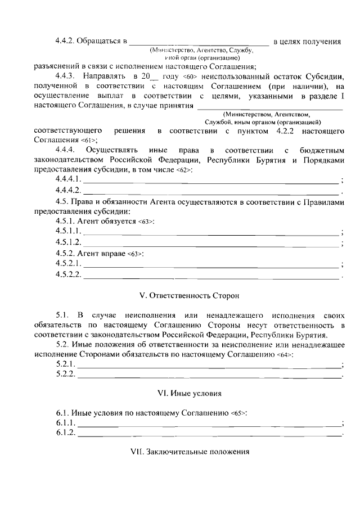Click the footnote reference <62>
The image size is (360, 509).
coord(183,170)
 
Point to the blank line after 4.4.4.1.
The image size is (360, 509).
coord(211,181)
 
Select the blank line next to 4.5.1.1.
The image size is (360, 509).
coord(211,233)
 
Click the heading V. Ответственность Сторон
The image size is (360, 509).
coord(180,295)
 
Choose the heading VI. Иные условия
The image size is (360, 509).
coord(180,393)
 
